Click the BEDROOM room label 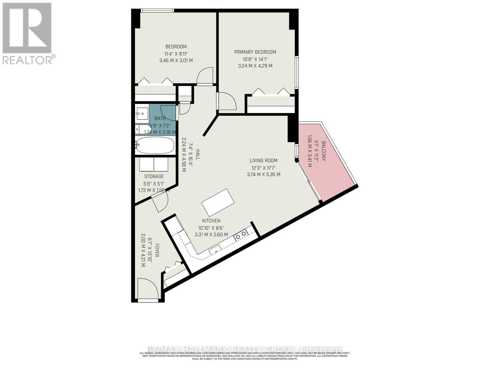point(176,46)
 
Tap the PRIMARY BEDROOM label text point(255,52)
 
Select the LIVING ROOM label point(263,160)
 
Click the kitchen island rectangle point(218,202)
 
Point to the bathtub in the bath point(155,145)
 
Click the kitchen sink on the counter point(216,250)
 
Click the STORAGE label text point(154,176)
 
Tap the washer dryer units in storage point(154,165)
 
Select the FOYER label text point(156,250)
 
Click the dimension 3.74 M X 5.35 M point(263,175)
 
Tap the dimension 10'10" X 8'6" point(211,228)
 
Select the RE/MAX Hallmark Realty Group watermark point(245,349)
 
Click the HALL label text point(198,155)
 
